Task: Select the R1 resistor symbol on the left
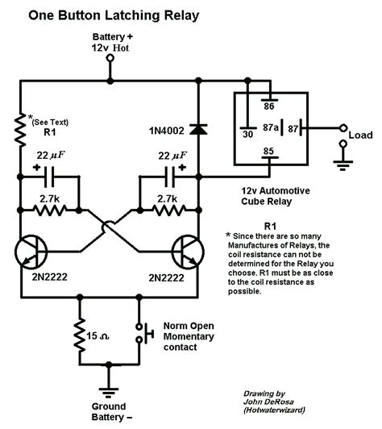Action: click(19, 127)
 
